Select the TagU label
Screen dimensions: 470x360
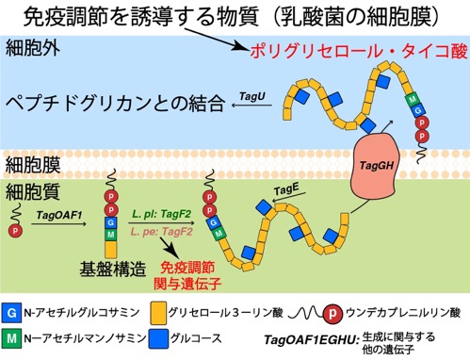[x=252, y=96]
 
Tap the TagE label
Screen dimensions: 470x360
[x=285, y=189]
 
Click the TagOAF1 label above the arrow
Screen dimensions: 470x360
[x=59, y=215]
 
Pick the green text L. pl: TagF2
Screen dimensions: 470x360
[x=161, y=215]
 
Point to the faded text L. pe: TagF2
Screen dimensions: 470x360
[x=162, y=232]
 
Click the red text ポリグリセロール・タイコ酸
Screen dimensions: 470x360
[x=359, y=51]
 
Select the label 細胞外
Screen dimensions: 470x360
[x=32, y=48]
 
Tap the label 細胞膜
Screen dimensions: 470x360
[x=33, y=164]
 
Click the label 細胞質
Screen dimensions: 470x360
[x=33, y=191]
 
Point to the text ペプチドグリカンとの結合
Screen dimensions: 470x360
[x=115, y=104]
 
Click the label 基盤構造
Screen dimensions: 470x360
[x=113, y=269]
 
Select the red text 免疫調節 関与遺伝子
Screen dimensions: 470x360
[x=187, y=275]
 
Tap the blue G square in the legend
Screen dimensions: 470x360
[x=11, y=313]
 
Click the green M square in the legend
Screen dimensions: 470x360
[x=11, y=338]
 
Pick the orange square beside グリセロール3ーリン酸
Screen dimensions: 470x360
[x=158, y=313]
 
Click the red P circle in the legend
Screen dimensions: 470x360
[x=333, y=313]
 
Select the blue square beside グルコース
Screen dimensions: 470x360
[x=158, y=338]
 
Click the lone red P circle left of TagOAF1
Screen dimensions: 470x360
[x=15, y=231]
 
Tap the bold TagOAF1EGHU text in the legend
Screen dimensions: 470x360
[x=312, y=339]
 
